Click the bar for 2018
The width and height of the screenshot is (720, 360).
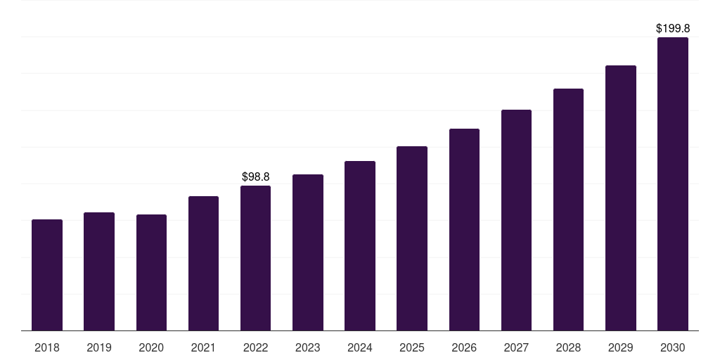(47, 275)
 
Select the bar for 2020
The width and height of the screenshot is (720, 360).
(151, 273)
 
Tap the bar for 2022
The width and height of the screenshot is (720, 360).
(255, 258)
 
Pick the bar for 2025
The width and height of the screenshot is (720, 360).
(412, 238)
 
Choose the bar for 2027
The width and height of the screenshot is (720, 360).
(516, 220)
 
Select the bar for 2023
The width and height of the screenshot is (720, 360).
(308, 252)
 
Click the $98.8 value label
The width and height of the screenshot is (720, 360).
(255, 177)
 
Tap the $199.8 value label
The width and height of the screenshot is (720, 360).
(672, 29)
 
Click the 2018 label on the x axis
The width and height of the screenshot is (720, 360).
(47, 347)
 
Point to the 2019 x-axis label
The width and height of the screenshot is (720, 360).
(99, 347)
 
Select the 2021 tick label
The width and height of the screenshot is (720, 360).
(203, 347)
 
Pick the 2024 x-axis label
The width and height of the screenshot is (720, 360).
(360, 347)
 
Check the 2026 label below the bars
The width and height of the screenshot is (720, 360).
(464, 347)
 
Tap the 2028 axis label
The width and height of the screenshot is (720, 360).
(568, 347)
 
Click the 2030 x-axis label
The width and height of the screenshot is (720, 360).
(672, 347)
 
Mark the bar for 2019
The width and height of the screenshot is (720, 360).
(99, 271)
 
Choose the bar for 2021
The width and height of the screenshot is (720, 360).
(203, 264)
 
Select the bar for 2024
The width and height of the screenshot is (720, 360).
(360, 246)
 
